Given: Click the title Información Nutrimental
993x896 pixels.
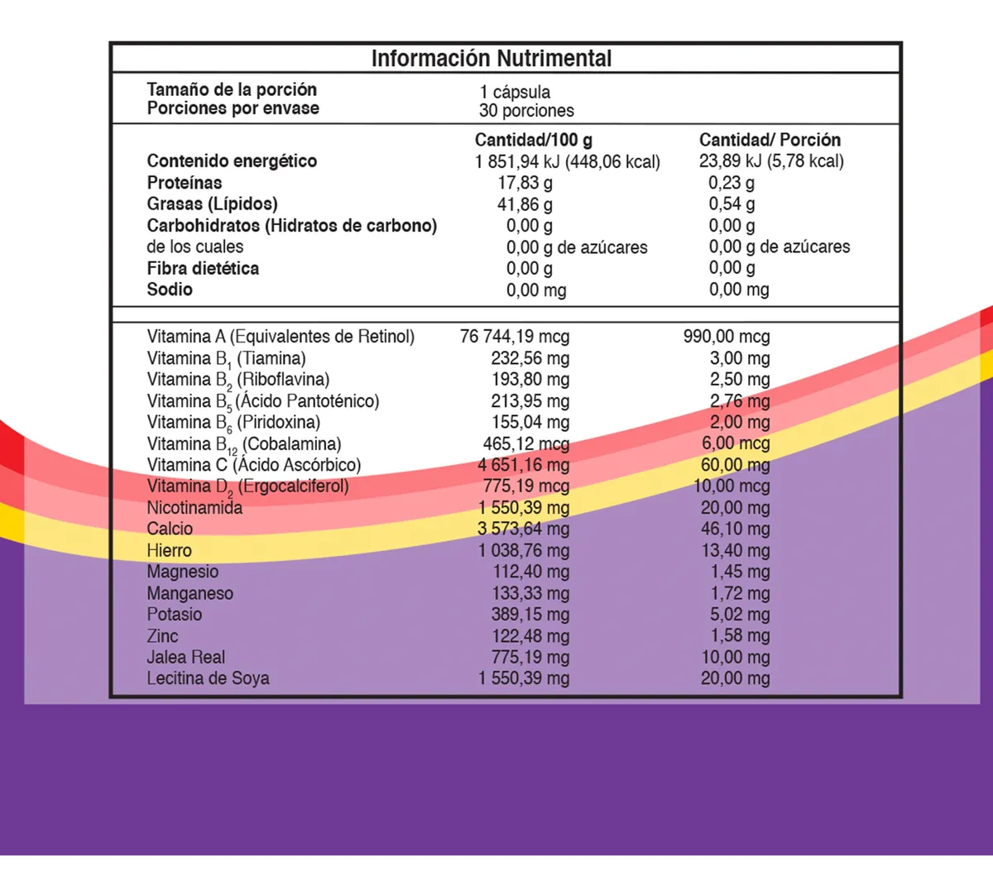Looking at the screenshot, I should pos(491,59).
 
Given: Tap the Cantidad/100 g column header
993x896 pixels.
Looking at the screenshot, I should pos(533,140).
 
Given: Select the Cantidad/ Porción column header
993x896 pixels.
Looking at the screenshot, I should pos(770,140).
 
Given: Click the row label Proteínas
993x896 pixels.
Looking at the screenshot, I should pos(185,183).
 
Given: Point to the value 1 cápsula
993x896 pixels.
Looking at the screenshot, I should pos(515,92).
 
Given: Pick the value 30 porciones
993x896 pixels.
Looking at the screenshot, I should pos(526,111).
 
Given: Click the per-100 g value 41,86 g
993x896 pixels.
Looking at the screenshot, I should pos(525,204).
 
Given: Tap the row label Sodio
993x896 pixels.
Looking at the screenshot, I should pos(170,290).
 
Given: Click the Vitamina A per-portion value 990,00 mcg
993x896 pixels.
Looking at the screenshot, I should pos(727,337).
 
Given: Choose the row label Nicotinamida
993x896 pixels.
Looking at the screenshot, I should pos(194,508).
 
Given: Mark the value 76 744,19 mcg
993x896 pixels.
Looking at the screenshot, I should pos(515,337).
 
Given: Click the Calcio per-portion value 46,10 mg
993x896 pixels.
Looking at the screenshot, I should pos(735,529).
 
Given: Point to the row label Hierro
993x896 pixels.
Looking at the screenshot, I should pos(169,551).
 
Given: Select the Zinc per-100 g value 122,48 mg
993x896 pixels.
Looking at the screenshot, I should pos(530,636).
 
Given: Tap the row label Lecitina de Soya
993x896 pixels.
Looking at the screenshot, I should pos(208,678).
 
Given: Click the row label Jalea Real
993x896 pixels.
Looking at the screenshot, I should pos(185,658).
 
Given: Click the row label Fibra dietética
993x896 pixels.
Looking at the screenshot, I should pos(203,268).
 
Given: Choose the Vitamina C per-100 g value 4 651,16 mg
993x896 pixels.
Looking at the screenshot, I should pos(523,465).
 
